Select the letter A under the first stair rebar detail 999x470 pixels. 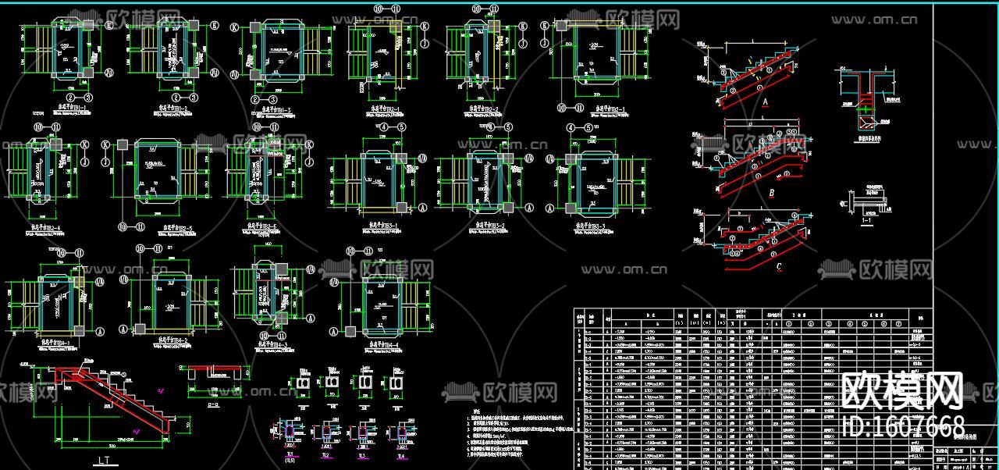[765, 101]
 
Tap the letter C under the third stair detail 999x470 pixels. [779, 266]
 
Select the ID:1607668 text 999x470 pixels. [905, 427]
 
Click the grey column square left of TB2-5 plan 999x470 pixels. [123, 144]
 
